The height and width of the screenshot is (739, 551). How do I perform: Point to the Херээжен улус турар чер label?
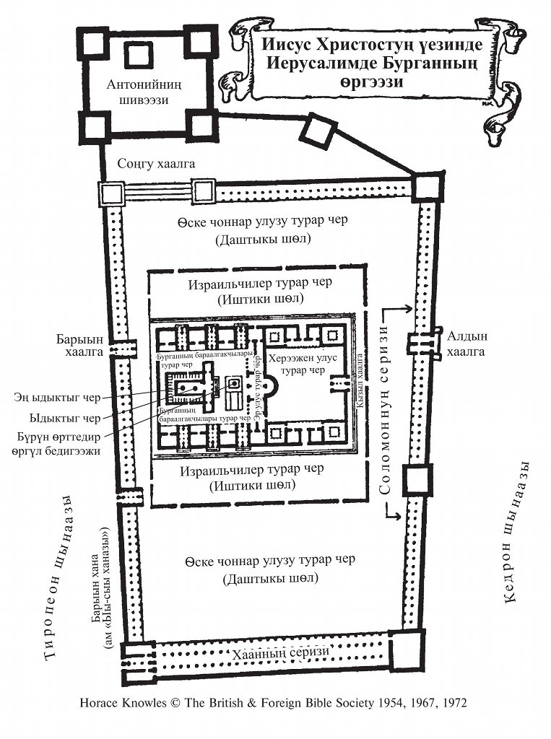(300, 365)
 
